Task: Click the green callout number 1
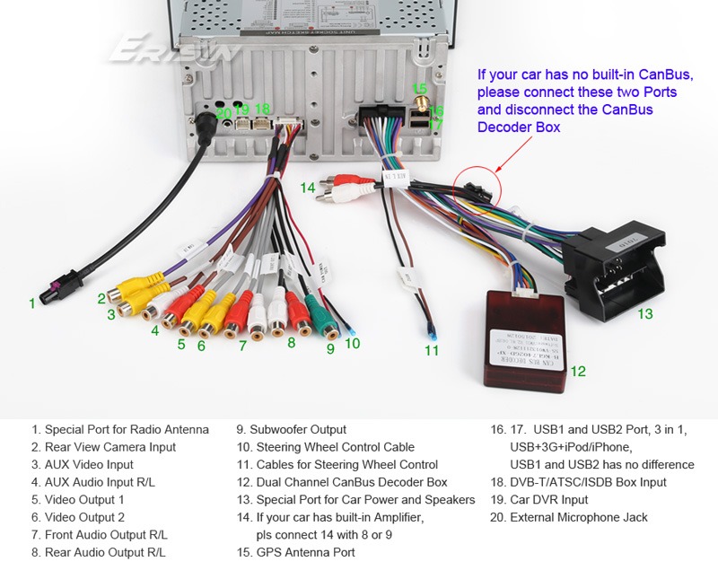click(32, 303)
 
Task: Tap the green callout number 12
click(578, 370)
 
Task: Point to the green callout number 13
click(645, 314)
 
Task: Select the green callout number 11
click(433, 350)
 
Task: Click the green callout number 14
click(308, 188)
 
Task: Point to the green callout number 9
click(330, 349)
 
